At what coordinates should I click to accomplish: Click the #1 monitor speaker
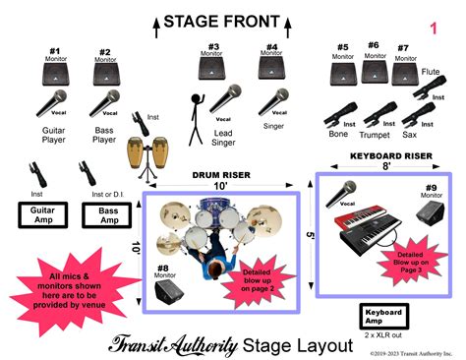(55, 74)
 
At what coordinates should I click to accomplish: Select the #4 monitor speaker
(271, 67)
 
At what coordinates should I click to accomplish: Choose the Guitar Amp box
(41, 214)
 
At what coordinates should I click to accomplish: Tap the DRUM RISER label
(221, 174)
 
